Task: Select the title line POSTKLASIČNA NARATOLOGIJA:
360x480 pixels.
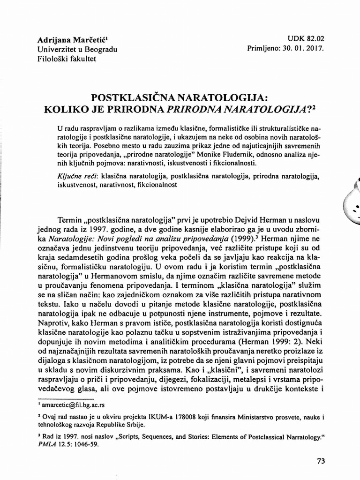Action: pyautogui.click(x=179, y=97)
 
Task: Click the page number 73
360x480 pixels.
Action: pyautogui.click(x=321, y=461)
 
